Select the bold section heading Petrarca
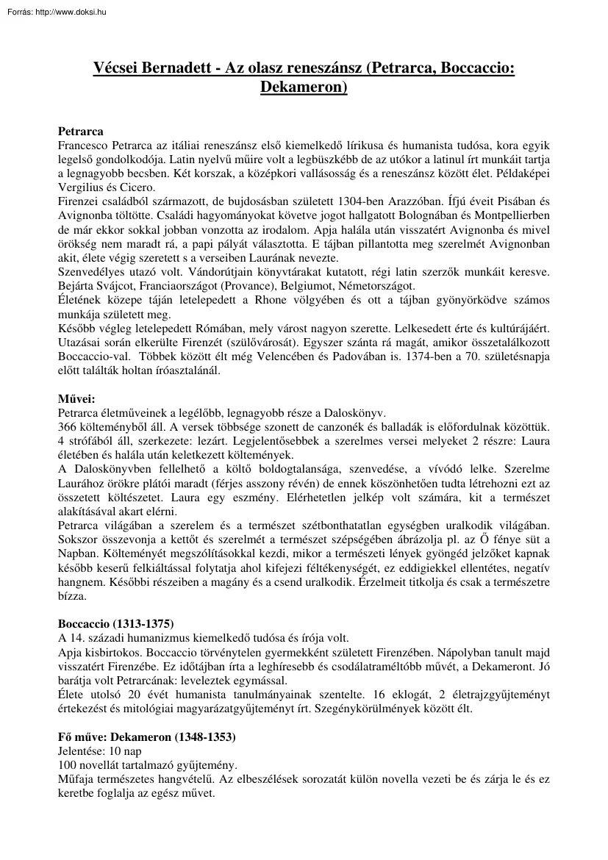(80, 132)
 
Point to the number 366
(68, 426)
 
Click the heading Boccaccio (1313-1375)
(116, 624)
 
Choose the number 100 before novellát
(68, 764)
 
